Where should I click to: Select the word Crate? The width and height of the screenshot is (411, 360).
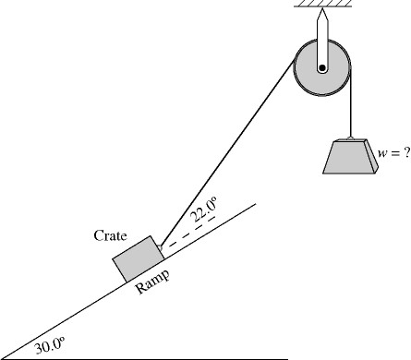click(x=110, y=236)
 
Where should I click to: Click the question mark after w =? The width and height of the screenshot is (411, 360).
click(x=405, y=151)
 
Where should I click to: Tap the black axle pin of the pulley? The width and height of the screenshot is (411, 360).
click(x=321, y=66)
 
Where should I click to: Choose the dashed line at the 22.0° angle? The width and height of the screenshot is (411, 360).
click(x=185, y=238)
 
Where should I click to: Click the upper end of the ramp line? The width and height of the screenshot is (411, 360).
click(x=255, y=205)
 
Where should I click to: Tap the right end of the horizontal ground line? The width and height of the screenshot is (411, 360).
click(x=287, y=357)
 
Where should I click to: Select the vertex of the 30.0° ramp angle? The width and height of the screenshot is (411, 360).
click(x=4, y=357)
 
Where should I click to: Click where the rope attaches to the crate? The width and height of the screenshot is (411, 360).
click(x=161, y=246)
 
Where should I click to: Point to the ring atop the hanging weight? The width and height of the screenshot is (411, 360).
click(x=349, y=136)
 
